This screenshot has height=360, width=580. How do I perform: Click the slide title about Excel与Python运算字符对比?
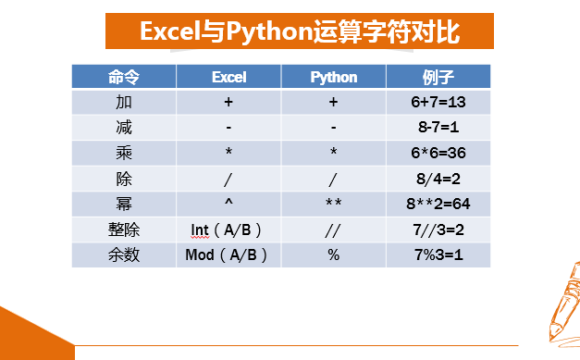click(x=300, y=31)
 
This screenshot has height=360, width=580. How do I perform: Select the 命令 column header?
click(x=124, y=77)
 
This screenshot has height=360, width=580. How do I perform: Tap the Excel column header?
click(x=229, y=77)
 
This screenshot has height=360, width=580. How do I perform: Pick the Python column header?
click(x=334, y=78)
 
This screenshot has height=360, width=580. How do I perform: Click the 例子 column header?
click(x=438, y=77)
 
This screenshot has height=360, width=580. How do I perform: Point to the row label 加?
click(x=124, y=102)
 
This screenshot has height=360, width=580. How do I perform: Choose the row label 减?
click(x=124, y=128)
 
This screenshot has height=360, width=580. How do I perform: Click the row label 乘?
click(x=124, y=153)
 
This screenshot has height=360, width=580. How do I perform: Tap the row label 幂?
click(x=124, y=204)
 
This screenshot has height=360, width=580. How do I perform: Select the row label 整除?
click(x=124, y=230)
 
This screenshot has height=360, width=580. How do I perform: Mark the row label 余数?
click(x=124, y=254)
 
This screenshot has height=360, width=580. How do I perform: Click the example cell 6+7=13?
click(x=438, y=102)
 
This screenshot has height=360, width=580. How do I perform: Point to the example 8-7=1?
click(x=438, y=128)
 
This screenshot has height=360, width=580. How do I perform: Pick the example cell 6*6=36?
click(x=438, y=153)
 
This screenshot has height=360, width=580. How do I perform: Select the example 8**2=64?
click(x=438, y=204)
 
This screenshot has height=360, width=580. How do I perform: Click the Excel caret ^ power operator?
click(x=228, y=202)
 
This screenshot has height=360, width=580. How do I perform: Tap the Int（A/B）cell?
click(x=226, y=230)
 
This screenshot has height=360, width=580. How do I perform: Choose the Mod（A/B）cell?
click(x=226, y=254)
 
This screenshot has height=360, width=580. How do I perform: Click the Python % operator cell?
click(x=333, y=254)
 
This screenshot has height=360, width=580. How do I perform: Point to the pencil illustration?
click(x=565, y=304)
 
